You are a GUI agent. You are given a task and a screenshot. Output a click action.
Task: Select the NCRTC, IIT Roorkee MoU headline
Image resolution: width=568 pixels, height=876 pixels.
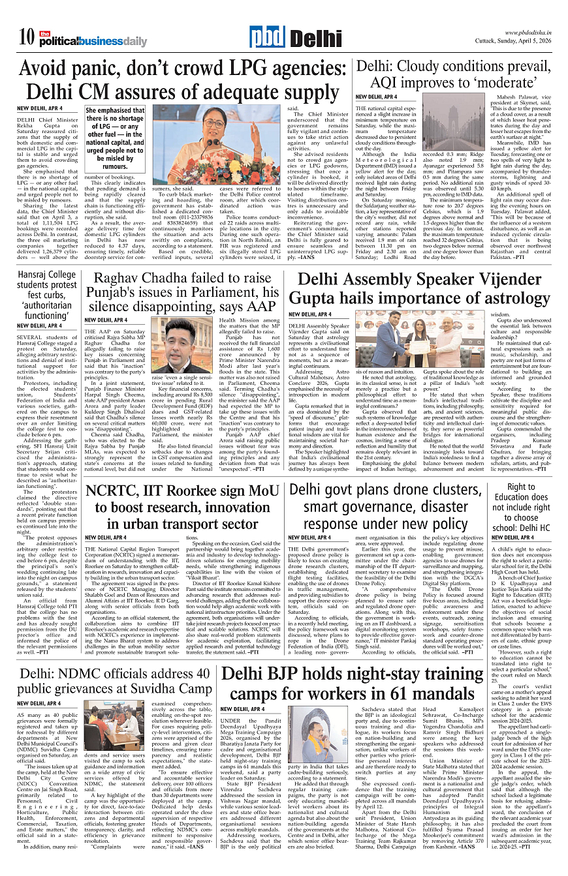(181, 508)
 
